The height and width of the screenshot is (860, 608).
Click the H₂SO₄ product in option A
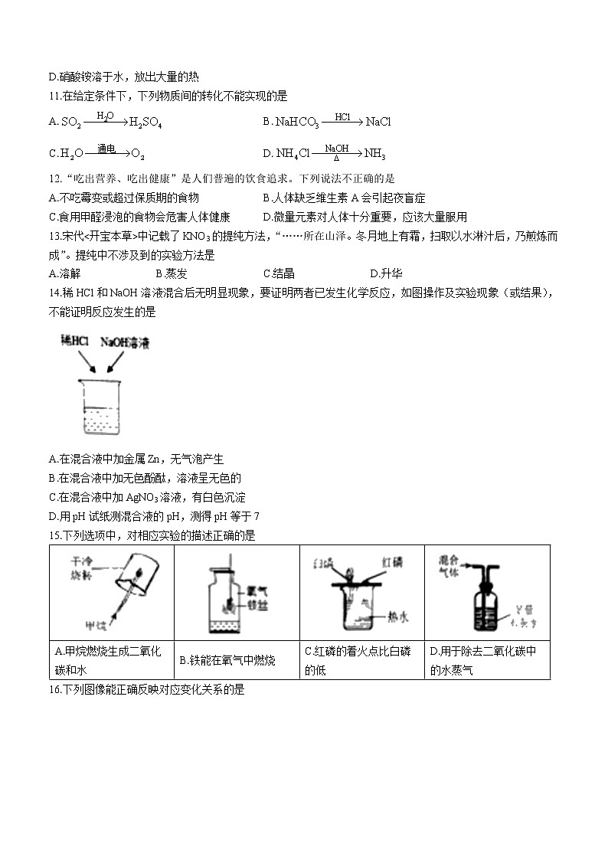[145, 122]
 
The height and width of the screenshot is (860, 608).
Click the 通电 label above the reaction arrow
[105, 147]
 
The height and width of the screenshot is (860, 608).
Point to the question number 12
[54, 178]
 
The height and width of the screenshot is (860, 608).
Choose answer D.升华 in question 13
[386, 273]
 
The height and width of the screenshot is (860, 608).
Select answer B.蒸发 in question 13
[171, 273]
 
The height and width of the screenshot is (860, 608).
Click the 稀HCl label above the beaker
[75, 343]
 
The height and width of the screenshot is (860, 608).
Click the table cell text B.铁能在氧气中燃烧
[227, 659]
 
